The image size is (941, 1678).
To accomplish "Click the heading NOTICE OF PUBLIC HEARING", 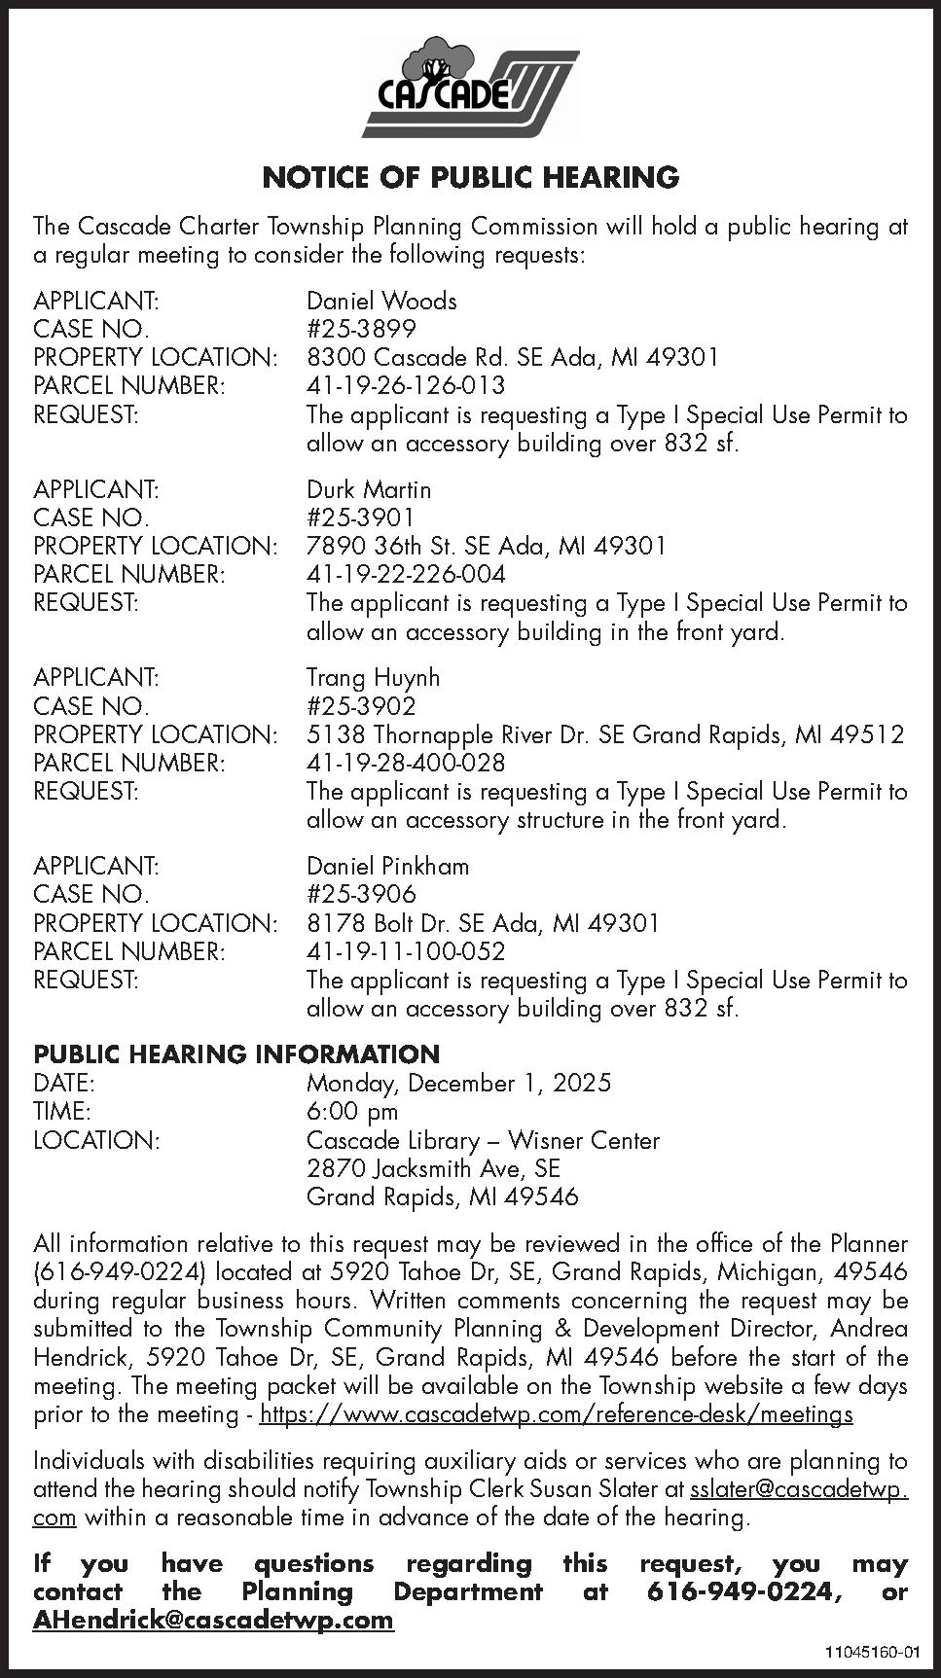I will [470, 177].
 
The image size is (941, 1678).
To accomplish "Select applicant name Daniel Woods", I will [381, 301].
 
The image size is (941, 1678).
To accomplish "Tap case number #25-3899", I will [361, 329].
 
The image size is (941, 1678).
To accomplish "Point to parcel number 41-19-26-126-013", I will [406, 385].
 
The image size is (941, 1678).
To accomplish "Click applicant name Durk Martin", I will [369, 489].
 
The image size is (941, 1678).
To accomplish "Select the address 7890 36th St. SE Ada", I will [486, 546].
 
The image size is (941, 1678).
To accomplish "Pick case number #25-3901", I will [361, 518].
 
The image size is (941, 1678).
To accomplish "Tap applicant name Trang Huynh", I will [373, 677].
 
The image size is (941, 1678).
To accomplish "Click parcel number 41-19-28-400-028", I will [406, 763].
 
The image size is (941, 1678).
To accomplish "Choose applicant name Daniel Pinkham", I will [387, 866].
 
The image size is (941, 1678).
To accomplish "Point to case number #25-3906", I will [361, 894].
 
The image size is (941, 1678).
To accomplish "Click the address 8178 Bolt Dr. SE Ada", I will [483, 922].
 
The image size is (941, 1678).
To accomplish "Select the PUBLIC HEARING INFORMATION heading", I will [236, 1054].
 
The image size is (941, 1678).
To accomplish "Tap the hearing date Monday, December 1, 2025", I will [458, 1083].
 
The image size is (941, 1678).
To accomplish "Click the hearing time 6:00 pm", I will [352, 1111].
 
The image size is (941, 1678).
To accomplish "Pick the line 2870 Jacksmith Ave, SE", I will [433, 1168].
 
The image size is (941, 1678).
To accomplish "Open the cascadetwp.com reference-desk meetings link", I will [557, 1414].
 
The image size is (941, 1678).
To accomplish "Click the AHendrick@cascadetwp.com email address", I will [213, 1620].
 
